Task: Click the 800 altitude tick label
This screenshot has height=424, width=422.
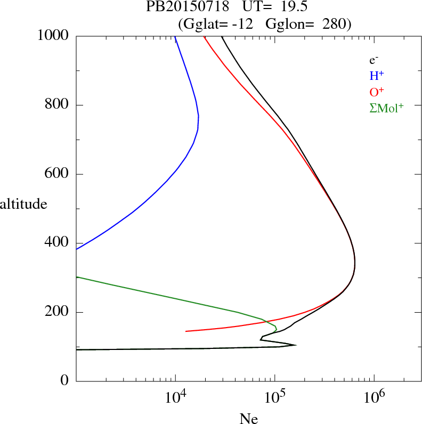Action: (x=58, y=105)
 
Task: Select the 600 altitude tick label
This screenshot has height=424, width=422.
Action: (x=58, y=174)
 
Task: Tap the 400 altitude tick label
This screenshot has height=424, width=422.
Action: (x=58, y=243)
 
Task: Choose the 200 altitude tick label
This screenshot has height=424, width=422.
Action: (x=58, y=312)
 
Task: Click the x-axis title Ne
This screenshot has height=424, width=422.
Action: (x=248, y=419)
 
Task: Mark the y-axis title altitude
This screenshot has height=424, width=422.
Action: (x=23, y=203)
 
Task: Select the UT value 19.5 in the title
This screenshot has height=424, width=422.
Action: (x=287, y=7)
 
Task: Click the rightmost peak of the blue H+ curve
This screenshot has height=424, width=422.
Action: (x=199, y=116)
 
